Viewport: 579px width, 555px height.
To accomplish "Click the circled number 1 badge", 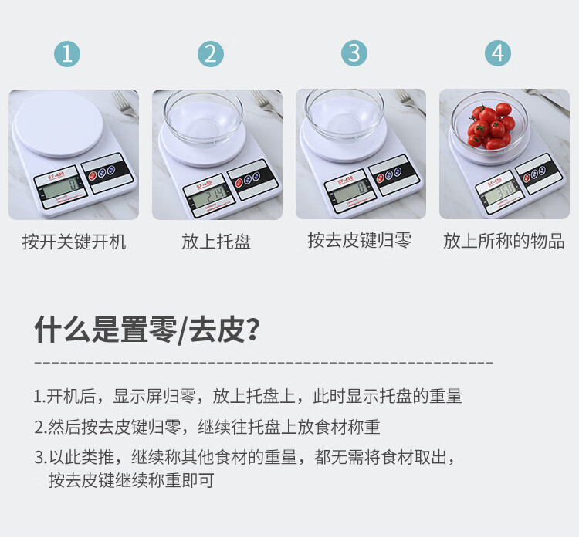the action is [67, 54].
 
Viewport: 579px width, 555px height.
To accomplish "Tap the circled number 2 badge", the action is [211, 54].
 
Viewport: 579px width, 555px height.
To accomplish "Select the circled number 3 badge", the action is [354, 53].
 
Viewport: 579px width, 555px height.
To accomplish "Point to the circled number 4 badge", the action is [498, 53].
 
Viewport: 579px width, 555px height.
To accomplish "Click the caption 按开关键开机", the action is [74, 242].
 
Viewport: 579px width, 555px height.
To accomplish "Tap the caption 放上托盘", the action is [216, 242].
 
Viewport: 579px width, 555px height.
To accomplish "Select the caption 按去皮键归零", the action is [360, 240].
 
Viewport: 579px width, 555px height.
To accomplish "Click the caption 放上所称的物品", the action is [503, 241].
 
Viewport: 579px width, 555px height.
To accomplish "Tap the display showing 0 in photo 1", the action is [61, 188].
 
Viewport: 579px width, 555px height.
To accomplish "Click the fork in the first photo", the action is [125, 104].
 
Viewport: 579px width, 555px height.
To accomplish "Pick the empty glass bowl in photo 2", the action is [203, 117].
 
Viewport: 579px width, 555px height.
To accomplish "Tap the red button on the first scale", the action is [93, 175].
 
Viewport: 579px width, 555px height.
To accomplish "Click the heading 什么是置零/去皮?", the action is [147, 330].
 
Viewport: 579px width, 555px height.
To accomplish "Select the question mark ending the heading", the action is [252, 330].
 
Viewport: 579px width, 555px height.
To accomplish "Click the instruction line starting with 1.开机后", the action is [248, 396].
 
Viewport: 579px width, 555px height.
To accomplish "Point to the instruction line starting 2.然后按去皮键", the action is [207, 427].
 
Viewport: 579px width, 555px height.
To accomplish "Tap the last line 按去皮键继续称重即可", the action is [131, 480].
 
